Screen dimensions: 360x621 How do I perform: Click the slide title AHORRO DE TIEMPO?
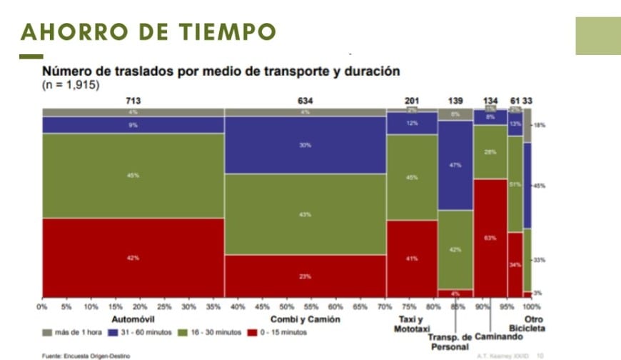click(148, 32)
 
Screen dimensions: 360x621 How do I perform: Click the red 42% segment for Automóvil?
click(133, 257)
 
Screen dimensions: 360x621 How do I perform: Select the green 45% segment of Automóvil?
click(133, 175)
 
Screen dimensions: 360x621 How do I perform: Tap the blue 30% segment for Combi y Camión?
click(306, 145)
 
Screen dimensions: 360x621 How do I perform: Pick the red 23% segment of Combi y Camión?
click(306, 276)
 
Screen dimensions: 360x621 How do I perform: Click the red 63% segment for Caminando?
click(490, 237)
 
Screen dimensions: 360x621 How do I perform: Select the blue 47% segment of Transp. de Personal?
click(455, 165)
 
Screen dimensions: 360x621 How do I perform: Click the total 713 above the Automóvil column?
click(133, 101)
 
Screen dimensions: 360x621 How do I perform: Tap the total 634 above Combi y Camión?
click(306, 101)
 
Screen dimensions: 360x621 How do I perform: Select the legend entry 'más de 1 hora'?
click(74, 332)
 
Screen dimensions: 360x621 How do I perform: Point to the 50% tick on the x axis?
click(288, 307)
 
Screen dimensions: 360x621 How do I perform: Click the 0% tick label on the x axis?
click(43, 307)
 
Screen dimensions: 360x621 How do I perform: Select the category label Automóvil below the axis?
click(133, 319)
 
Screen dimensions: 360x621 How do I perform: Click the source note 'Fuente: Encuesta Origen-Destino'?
click(86, 355)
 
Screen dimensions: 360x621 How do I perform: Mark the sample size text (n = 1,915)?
click(71, 85)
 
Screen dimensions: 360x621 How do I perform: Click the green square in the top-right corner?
click(598, 36)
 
